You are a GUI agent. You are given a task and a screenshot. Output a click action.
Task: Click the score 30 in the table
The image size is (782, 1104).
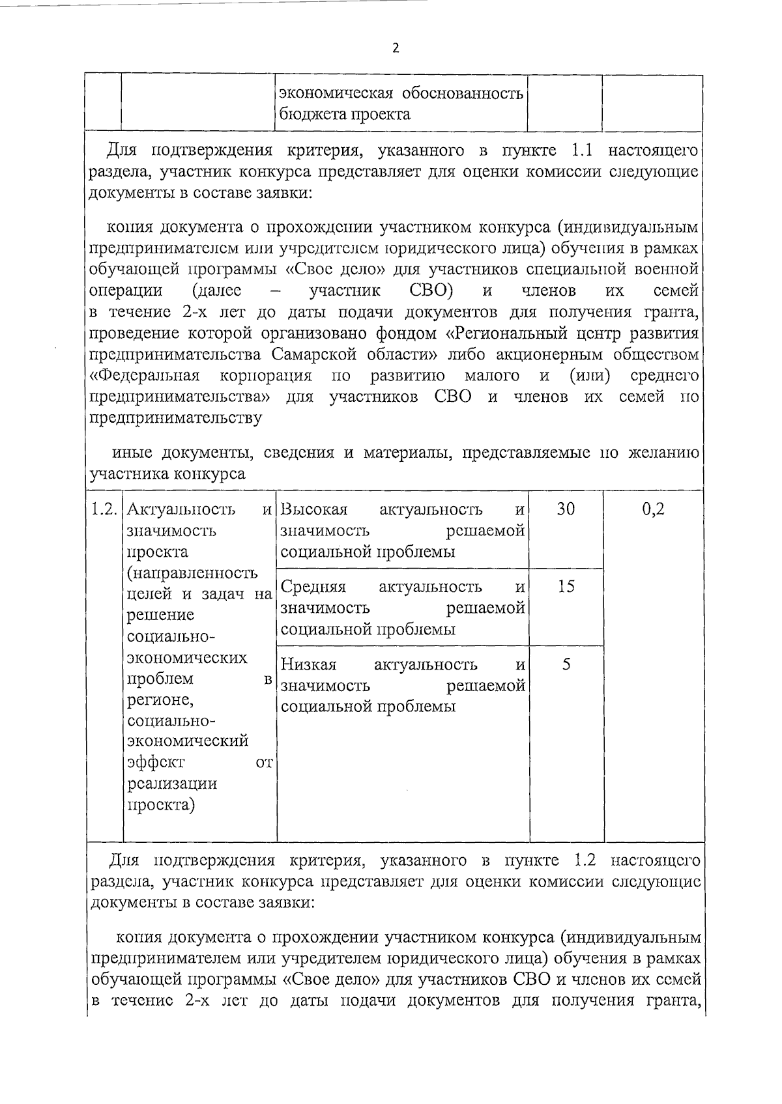566,509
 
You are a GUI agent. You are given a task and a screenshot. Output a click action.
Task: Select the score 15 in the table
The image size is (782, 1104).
566,587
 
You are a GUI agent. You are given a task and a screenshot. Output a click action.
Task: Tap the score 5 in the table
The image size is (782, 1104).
566,664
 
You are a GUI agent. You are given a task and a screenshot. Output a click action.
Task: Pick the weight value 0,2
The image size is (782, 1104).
653,509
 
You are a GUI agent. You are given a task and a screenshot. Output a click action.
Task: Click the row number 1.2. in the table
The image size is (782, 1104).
104,509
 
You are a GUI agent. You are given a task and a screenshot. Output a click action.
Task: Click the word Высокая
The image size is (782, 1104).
313,509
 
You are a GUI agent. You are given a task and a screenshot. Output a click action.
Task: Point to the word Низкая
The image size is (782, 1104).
308,665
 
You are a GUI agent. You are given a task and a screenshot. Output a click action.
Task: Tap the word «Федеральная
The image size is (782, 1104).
145,376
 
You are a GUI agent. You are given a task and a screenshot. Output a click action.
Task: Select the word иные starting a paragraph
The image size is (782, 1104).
134,453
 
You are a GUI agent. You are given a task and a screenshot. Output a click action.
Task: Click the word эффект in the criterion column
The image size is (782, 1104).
156,762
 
